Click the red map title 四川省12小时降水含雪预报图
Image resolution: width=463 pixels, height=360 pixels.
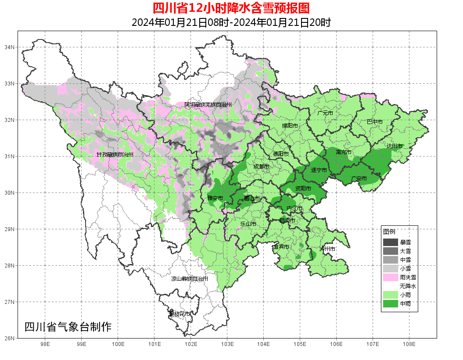click(x=231, y=8)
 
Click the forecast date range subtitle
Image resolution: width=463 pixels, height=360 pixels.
click(x=231, y=22)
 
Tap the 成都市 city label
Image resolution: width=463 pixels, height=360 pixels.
click(x=261, y=167)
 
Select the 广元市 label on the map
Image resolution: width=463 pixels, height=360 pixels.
click(x=325, y=113)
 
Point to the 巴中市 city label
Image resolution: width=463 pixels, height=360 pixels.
click(x=374, y=121)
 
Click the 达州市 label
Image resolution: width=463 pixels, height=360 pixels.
click(x=394, y=146)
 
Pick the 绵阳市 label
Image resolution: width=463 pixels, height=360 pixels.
click(x=290, y=126)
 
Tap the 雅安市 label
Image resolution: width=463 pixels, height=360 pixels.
click(x=215, y=198)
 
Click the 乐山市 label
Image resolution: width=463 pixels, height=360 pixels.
click(x=248, y=224)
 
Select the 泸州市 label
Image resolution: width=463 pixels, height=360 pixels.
click(x=327, y=249)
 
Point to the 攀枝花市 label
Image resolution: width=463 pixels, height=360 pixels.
click(x=180, y=314)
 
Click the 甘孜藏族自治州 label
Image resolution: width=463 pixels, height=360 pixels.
click(x=115, y=155)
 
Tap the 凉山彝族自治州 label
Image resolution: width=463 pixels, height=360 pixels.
click(x=189, y=279)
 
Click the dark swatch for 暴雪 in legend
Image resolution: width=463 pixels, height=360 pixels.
click(x=390, y=242)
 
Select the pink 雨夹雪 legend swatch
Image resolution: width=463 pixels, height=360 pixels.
click(x=390, y=277)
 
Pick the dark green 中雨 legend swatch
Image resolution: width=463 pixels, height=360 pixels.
click(x=390, y=303)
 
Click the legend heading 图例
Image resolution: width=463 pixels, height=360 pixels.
click(x=389, y=232)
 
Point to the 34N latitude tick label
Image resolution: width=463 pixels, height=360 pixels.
click(x=10, y=47)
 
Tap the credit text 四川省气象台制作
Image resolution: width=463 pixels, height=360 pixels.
click(x=68, y=327)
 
